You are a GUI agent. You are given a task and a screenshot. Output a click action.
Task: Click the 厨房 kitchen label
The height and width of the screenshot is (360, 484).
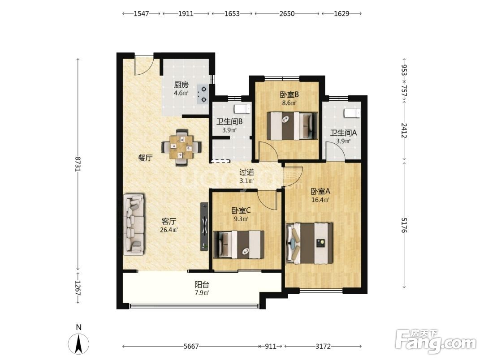pos(181,85)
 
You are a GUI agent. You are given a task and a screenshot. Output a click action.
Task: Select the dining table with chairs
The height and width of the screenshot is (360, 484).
pos(182,147)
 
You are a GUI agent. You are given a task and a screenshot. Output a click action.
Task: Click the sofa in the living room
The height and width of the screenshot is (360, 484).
pos(134,224)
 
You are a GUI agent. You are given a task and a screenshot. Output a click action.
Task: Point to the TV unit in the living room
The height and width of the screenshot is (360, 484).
pos(204,227)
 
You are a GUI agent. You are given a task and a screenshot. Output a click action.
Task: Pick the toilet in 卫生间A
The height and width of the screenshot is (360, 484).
pos(352,113)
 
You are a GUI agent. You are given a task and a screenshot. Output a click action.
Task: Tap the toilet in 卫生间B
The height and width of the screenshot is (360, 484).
pos(242,109)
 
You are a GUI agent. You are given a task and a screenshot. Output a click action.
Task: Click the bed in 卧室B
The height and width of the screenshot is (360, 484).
pos(292,126)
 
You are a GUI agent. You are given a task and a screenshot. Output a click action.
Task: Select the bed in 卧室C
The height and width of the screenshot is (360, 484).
pos(239,244)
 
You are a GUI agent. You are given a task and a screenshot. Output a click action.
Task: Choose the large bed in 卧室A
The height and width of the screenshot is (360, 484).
pos(310,244)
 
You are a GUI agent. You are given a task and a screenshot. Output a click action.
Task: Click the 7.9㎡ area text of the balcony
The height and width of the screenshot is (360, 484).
pos(202,293)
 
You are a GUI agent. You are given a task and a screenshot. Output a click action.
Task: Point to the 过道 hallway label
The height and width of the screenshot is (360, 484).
pos(246,172)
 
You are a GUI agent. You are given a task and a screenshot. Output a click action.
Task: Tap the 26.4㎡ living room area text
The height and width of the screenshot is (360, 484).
pos(169,230)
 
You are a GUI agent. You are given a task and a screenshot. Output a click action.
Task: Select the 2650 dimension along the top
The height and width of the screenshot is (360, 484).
pos(287,13)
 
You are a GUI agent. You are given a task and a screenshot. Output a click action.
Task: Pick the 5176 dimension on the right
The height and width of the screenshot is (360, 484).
pos(404,225)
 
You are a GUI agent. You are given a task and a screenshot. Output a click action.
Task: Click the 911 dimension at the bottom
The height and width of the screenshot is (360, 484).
pos(271,347)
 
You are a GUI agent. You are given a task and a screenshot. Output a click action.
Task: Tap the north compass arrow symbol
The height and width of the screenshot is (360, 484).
pos(79,343)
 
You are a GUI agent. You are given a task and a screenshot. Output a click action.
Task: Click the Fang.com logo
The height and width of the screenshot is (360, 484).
pos(436,342)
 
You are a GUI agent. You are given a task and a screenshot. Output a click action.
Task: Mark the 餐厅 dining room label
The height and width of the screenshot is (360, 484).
pos(145,158)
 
